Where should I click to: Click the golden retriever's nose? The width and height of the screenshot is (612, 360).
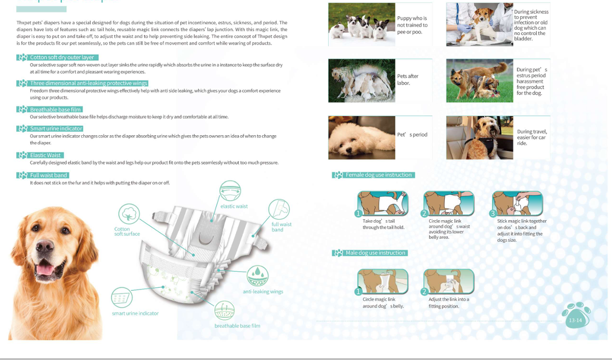pyautogui.click(x=44, y=245)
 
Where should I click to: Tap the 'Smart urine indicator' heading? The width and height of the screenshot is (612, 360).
pyautogui.click(x=56, y=128)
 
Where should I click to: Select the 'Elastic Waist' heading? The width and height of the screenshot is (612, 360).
pyautogui.click(x=45, y=155)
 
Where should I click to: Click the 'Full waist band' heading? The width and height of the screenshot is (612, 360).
pyautogui.click(x=49, y=175)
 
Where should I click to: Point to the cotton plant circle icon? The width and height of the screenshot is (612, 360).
pyautogui.click(x=129, y=214)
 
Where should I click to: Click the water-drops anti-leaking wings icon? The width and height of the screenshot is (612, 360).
pyautogui.click(x=258, y=275)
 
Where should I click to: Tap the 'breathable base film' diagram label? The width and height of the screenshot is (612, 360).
pyautogui.click(x=237, y=326)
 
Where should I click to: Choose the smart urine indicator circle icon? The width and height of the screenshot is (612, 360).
pyautogui.click(x=122, y=297)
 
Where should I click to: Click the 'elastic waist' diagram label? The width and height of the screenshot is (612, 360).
pyautogui.click(x=234, y=206)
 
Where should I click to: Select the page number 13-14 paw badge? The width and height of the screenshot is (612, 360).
pyautogui.click(x=576, y=315)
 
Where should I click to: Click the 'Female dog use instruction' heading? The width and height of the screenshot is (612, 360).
pyautogui.click(x=378, y=175)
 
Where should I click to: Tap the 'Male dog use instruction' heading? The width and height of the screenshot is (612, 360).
pyautogui.click(x=376, y=253)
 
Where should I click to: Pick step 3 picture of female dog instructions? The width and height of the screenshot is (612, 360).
pyautogui.click(x=517, y=203)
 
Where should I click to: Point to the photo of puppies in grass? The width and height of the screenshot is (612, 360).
pyautogui.click(x=361, y=25)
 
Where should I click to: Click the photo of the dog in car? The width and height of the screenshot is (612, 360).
pyautogui.click(x=480, y=137)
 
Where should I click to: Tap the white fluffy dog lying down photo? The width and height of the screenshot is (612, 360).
pyautogui.click(x=361, y=137)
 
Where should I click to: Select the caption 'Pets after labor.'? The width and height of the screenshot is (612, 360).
pyautogui.click(x=408, y=79)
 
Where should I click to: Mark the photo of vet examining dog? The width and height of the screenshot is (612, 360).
pyautogui.click(x=480, y=25)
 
